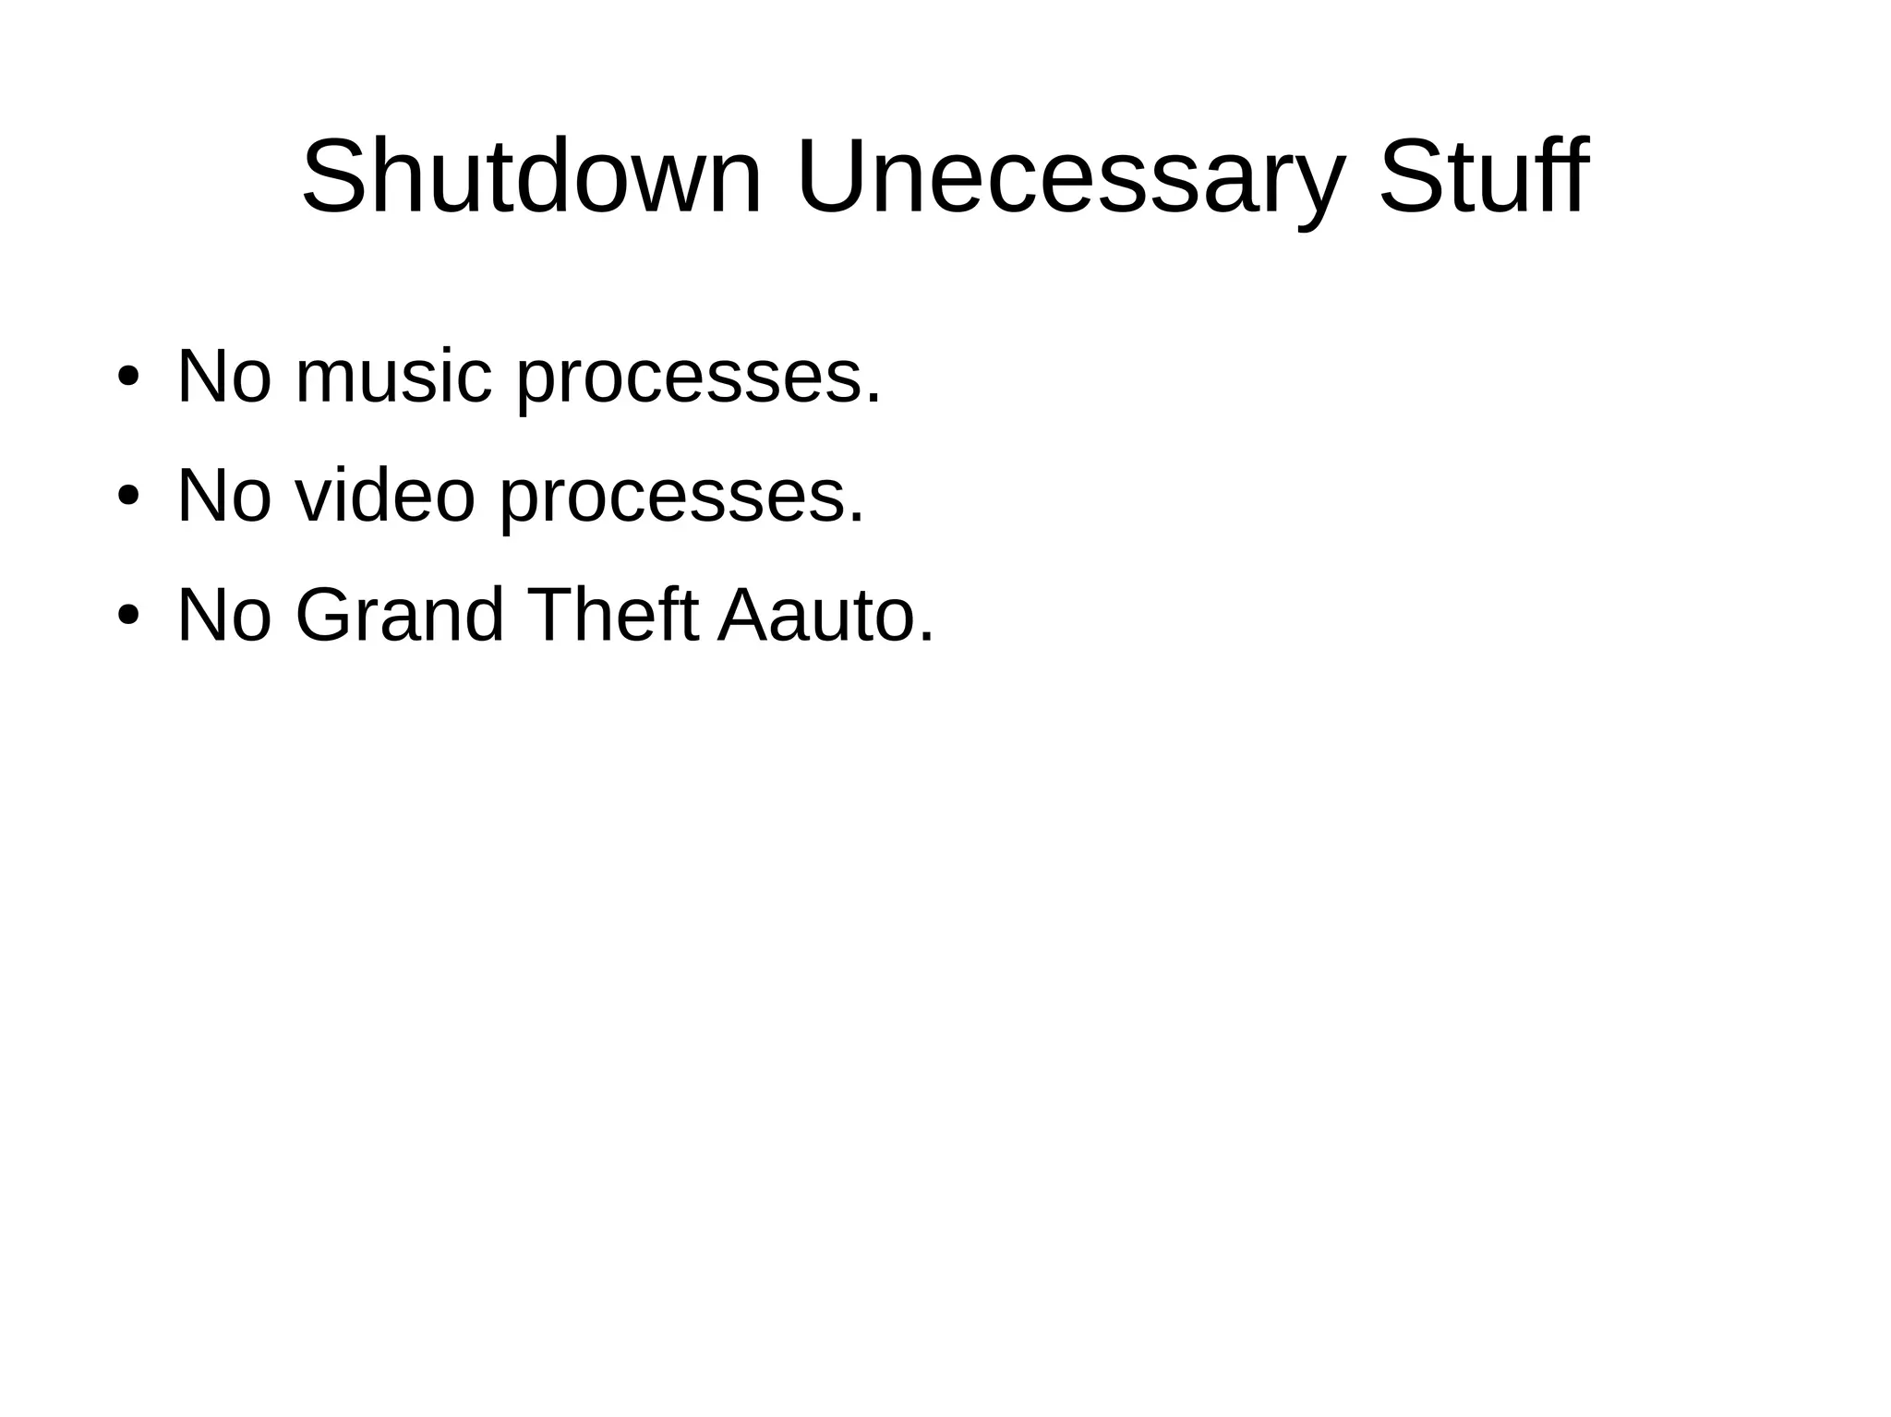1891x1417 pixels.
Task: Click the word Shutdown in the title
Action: [532, 176]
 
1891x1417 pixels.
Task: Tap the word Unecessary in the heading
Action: [1067, 176]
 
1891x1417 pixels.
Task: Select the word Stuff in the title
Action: [1483, 176]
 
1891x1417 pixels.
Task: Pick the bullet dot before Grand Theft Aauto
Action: [128, 616]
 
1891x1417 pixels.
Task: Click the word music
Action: [393, 378]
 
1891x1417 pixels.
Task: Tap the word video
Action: [385, 497]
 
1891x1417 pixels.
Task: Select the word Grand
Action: [400, 616]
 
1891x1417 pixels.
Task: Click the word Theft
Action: [613, 616]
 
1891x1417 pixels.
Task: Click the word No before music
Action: [224, 378]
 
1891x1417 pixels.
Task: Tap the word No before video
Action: [224, 497]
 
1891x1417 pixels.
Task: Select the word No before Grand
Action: [224, 616]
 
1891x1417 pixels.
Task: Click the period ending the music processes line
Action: [873, 400]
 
